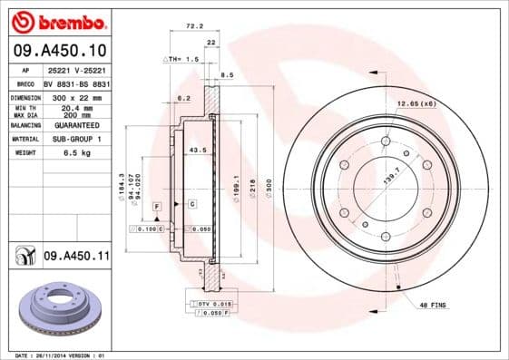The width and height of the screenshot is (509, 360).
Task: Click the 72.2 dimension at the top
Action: click(192, 28)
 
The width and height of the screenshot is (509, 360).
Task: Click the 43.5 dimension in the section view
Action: click(195, 150)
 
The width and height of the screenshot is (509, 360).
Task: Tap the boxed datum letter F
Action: click(157, 208)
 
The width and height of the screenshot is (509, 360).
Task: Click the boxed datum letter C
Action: click(192, 204)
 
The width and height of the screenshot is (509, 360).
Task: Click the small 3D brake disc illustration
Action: click(57, 309)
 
